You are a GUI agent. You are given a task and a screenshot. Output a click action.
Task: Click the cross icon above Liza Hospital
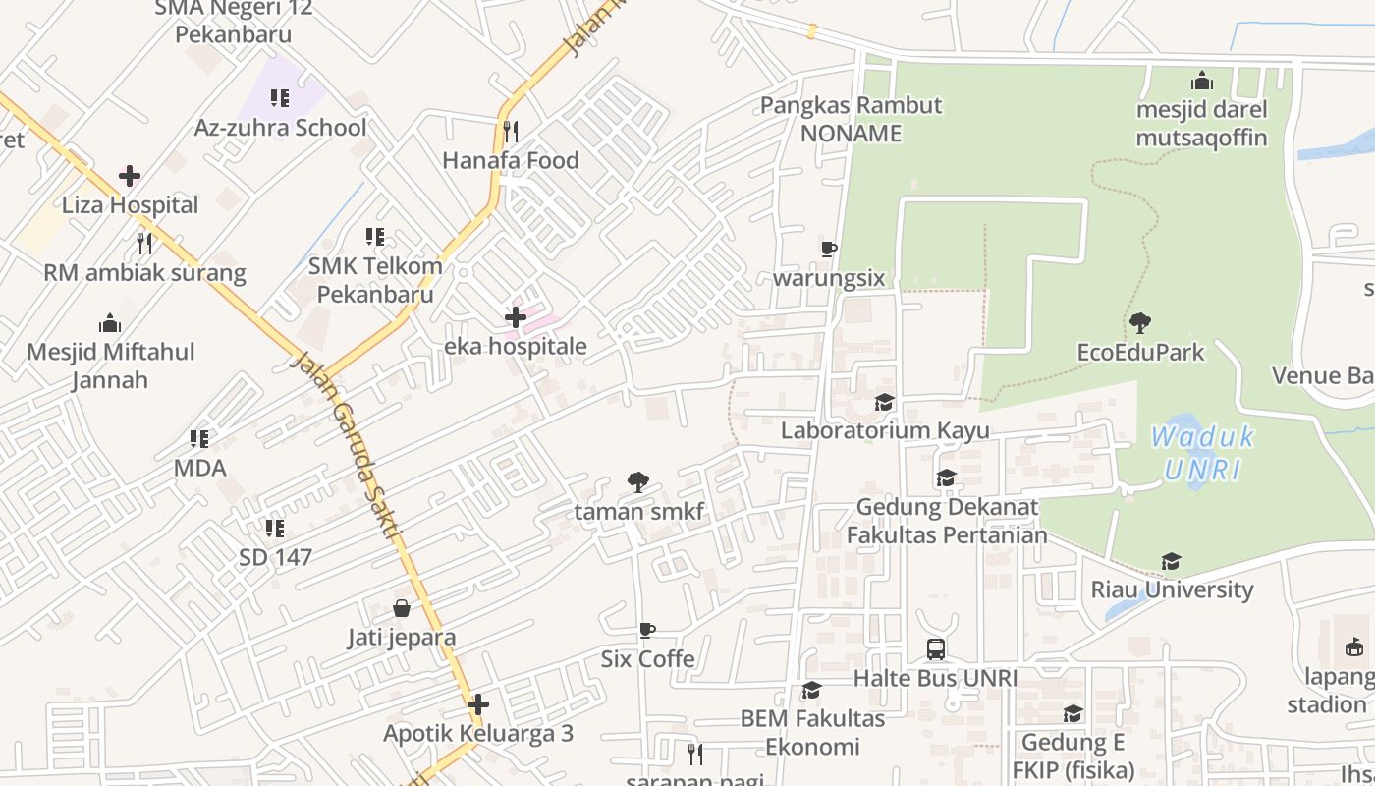point(129,177)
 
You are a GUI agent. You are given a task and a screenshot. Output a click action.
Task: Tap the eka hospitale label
point(516,346)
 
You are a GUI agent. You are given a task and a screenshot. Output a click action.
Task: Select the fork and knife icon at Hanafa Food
point(510,131)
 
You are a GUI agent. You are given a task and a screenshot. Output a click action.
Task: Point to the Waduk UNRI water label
point(1202,453)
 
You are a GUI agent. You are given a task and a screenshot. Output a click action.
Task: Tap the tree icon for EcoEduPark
point(1140,322)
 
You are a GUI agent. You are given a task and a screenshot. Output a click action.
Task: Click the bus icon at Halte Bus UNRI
point(935,649)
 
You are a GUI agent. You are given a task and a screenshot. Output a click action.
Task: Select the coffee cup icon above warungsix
point(829,249)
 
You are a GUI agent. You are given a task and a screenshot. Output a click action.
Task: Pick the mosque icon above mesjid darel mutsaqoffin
point(1201,81)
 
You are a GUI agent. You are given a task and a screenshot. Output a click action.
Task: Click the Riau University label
point(1172,589)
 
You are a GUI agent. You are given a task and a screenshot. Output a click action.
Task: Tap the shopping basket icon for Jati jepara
point(402,608)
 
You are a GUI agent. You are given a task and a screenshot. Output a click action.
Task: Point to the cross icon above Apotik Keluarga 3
point(478,704)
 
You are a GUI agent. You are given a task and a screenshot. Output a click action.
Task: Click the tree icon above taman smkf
point(638,481)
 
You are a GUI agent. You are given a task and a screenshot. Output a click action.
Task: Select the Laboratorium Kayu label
point(885,430)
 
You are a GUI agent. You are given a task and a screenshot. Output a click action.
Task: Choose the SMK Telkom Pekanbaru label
point(375,280)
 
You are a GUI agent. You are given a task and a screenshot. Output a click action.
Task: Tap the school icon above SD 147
point(275,529)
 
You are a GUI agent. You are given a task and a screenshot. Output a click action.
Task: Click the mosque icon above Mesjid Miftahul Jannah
point(110,323)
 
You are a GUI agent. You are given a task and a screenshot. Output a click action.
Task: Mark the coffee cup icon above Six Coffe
point(646,630)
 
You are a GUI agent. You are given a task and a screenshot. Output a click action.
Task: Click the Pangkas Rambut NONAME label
point(851,119)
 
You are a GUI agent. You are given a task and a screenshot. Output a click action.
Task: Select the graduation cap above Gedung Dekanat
point(946,478)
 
